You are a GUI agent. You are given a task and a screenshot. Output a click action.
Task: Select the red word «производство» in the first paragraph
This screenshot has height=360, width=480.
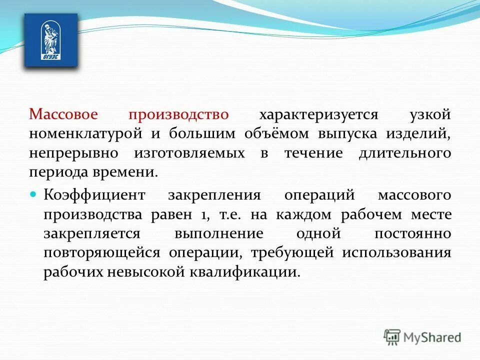tap(179, 114)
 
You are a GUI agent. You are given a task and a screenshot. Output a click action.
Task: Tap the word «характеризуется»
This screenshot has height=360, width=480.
tap(318, 114)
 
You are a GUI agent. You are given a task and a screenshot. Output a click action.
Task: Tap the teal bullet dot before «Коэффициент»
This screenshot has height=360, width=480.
tap(34, 193)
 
